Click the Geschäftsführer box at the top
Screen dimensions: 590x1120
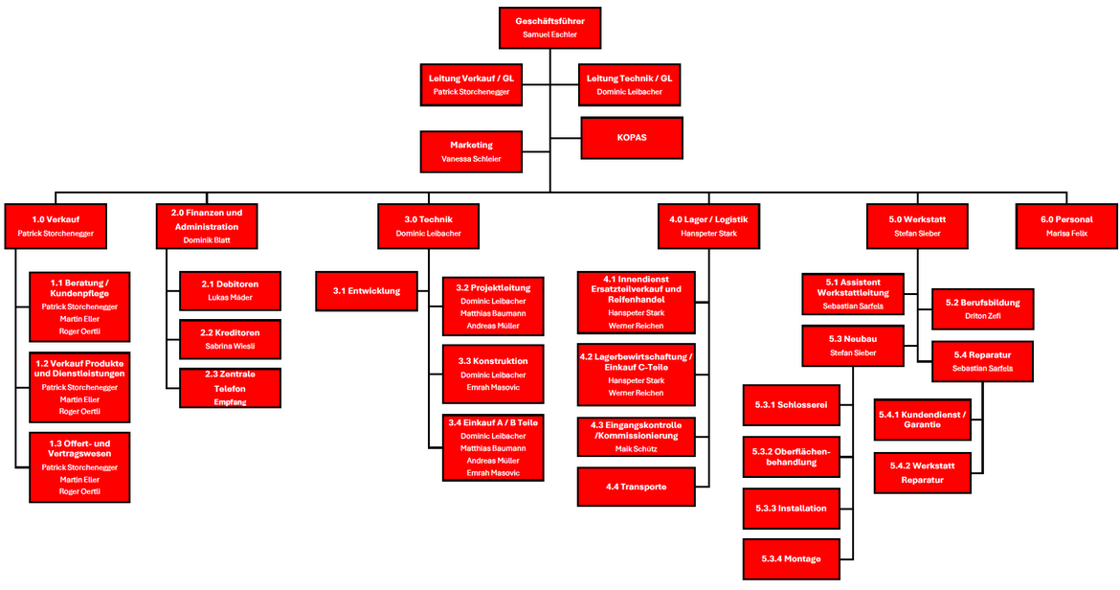click(549, 27)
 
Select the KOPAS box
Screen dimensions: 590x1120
click(632, 138)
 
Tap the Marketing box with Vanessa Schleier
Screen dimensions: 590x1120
click(471, 151)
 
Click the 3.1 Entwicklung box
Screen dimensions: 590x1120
click(368, 290)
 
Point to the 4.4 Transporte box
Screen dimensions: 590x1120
click(636, 487)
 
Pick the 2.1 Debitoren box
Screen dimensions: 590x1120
click(230, 290)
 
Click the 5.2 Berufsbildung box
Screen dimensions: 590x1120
click(982, 308)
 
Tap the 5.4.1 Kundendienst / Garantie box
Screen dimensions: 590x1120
click(922, 420)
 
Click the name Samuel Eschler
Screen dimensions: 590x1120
click(549, 34)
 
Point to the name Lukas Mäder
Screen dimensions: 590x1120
click(230, 298)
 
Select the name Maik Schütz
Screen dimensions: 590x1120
click(636, 449)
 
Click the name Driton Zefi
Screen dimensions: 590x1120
click(982, 316)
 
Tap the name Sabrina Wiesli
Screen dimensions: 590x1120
click(230, 346)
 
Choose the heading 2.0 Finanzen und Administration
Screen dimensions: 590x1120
click(207, 219)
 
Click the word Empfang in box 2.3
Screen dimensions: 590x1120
click(230, 402)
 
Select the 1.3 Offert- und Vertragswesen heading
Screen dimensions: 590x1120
click(79, 448)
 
